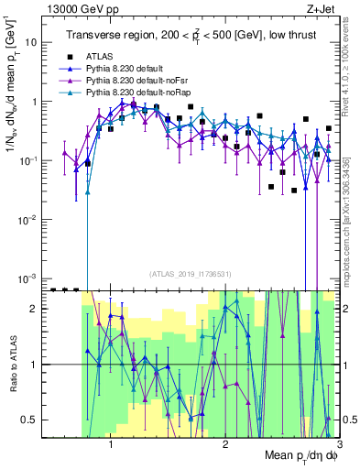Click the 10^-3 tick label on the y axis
[29, 278]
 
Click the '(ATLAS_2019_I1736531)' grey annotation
[191, 274]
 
